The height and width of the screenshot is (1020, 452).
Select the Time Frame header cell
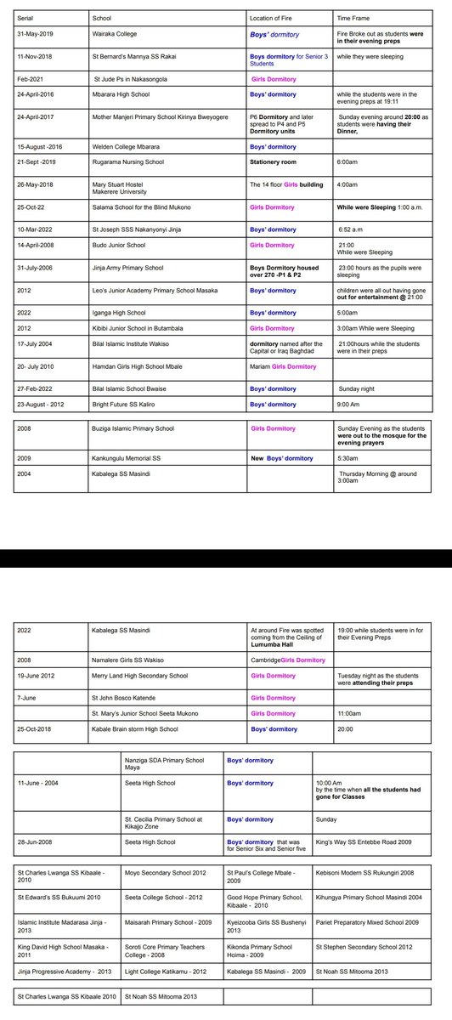coord(355,17)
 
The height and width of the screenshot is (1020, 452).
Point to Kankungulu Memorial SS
coord(129,459)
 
